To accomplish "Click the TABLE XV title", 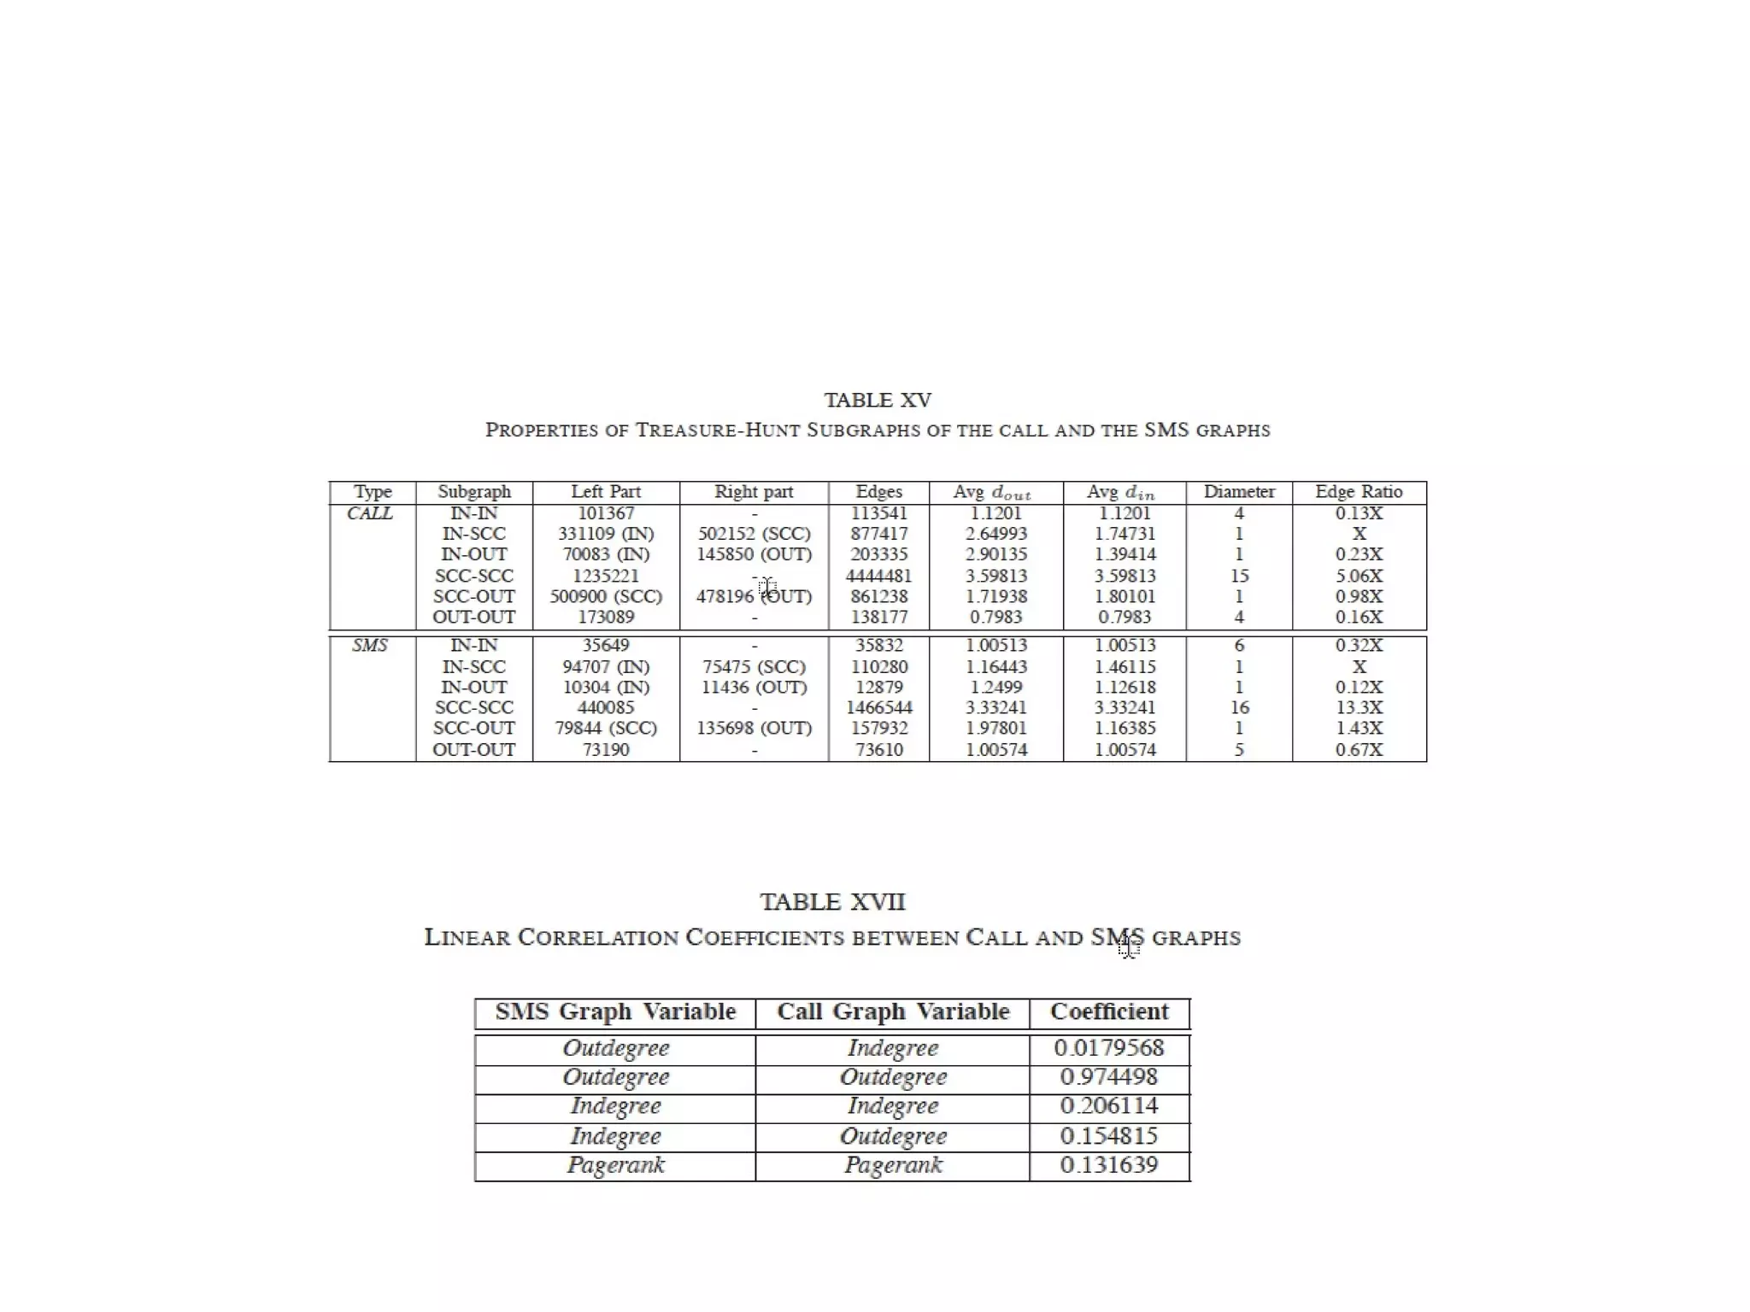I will [878, 401].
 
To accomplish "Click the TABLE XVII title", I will [832, 903].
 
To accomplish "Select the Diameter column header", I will [1239, 492].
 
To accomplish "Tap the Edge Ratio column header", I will [1359, 492].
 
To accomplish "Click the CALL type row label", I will [370, 513].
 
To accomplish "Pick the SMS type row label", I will [370, 646].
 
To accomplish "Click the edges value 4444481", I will [878, 576].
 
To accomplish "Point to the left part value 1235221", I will [606, 576].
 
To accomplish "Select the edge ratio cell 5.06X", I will [1359, 576].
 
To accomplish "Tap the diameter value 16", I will [1239, 708].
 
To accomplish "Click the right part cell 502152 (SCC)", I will [754, 534].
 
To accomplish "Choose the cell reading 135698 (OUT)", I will [754, 729].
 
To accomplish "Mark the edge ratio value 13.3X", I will [1359, 708].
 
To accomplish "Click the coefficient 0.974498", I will [1109, 1077].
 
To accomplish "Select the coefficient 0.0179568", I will [1109, 1048].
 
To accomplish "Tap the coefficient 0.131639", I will [1109, 1165].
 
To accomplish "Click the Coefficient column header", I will [1109, 1012].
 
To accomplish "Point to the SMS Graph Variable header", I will [615, 1012].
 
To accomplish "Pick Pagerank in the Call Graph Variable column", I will [893, 1165].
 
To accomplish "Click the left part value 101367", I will [606, 513].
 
